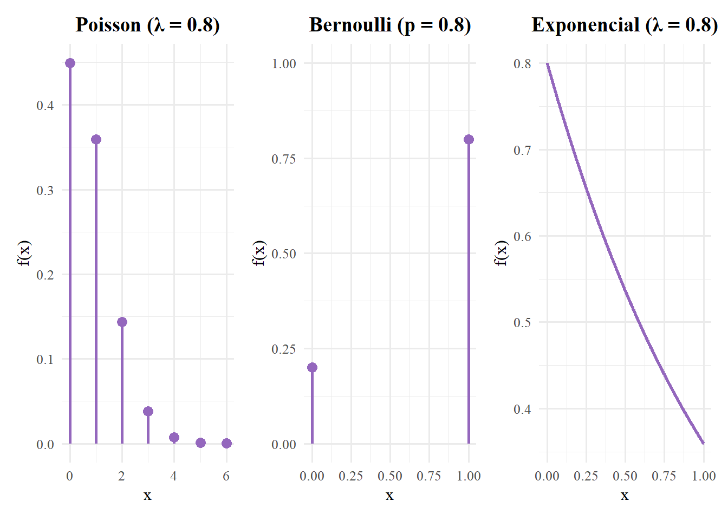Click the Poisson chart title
point(147,25)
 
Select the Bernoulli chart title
point(390,25)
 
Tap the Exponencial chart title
point(625,25)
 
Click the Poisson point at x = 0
point(70,63)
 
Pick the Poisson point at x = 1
point(96,140)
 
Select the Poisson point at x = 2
point(122,322)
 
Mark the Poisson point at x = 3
point(148,412)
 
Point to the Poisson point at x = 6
point(226,443)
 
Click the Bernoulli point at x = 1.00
point(469,140)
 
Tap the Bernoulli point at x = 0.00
point(312,368)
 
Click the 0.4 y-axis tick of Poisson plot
point(45,105)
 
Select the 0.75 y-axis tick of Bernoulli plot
point(284,159)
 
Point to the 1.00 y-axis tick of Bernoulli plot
point(284,63)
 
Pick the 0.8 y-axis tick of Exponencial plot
point(522,63)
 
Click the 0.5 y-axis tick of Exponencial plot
point(522,322)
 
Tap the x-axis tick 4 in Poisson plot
point(173,476)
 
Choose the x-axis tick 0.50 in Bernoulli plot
point(390,476)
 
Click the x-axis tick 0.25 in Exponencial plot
point(586,476)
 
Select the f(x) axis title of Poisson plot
point(24,253)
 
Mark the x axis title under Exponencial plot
point(625,496)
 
